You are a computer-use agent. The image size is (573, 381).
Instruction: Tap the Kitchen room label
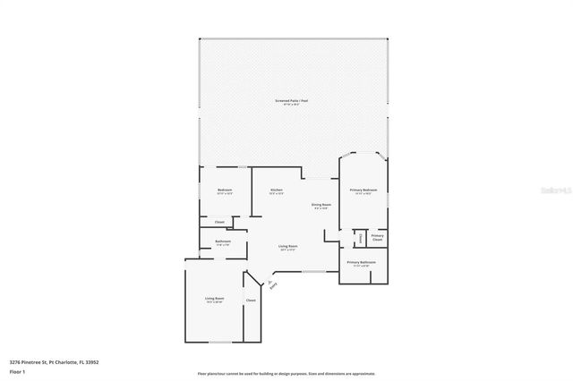pos(277,190)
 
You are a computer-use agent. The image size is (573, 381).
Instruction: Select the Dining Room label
pos(321,206)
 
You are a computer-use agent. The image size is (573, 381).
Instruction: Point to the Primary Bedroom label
pos(363,190)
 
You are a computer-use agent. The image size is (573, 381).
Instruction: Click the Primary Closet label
pos(377,238)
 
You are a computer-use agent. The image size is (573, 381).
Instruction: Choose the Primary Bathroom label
pos(363,262)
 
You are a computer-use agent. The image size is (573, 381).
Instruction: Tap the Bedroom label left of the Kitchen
pos(225,190)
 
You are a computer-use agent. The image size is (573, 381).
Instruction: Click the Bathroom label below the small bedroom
pos(224,241)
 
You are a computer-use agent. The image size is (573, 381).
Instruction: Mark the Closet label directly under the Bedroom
pos(219,221)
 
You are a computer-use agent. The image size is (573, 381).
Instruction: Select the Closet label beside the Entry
pos(251,301)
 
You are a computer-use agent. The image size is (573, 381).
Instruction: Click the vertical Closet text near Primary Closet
pos(360,238)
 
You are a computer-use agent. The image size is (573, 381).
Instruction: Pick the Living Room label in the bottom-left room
pos(215,299)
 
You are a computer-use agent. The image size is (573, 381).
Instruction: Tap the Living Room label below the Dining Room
pos(288,247)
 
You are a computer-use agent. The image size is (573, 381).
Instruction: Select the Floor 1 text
pos(18,370)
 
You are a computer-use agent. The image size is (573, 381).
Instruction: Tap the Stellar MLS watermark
pos(553,190)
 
